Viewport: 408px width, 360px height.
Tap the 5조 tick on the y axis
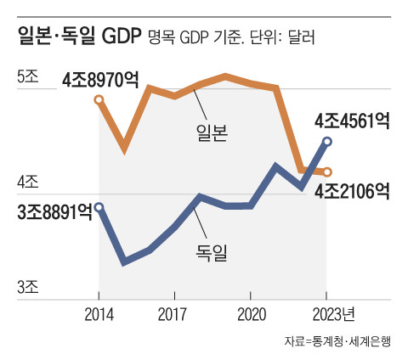(x=28, y=76)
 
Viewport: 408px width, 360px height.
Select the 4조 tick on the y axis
(x=28, y=181)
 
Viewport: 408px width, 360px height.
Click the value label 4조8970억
(x=100, y=81)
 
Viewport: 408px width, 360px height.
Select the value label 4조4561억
(x=351, y=121)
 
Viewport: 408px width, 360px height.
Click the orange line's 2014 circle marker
(x=99, y=100)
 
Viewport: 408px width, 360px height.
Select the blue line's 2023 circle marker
(x=327, y=142)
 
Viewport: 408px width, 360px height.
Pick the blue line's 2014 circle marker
(x=99, y=206)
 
